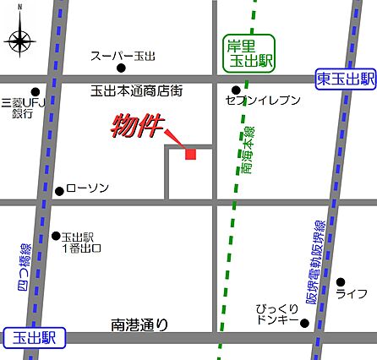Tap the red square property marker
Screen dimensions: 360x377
coord(190,153)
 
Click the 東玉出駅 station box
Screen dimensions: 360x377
coord(345,79)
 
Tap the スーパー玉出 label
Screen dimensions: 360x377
coord(123,56)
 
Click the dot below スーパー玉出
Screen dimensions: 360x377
coord(122,68)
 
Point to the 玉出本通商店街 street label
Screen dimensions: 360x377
coord(137,88)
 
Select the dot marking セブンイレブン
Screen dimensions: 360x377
coord(236,90)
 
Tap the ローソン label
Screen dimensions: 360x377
coord(87,188)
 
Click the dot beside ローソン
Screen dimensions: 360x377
coord(59,190)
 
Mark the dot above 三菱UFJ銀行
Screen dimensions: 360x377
coord(36,91)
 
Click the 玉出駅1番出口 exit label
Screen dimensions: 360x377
coord(81,243)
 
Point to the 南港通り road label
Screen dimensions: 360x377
coord(139,324)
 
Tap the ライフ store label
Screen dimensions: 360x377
coord(351,294)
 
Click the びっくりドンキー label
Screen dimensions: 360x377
coord(277,316)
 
